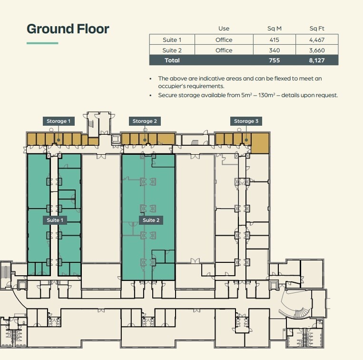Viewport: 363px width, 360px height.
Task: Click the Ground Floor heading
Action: point(68,29)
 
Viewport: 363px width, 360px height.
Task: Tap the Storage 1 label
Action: point(59,121)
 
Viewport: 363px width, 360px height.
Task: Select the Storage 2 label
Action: point(145,121)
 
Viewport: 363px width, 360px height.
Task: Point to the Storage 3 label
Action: point(246,121)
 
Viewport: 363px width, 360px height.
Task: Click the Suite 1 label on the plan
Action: point(54,220)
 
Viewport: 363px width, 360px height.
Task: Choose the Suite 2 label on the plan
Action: point(149,220)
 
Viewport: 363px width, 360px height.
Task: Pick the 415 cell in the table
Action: point(274,40)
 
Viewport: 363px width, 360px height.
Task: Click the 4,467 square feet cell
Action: point(317,40)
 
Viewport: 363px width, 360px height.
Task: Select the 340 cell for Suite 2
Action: point(274,50)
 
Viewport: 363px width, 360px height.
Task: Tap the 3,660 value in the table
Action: point(317,50)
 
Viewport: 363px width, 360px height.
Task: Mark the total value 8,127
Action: point(317,60)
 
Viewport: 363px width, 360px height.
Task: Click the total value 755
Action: point(274,60)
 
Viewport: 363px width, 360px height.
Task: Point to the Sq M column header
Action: point(274,29)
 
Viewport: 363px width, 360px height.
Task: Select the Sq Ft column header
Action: point(317,29)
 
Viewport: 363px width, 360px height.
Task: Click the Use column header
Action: point(224,29)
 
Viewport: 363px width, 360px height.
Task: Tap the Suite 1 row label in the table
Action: point(172,40)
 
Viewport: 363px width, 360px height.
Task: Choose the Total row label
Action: point(172,60)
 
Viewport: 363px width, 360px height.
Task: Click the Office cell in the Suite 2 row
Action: point(224,50)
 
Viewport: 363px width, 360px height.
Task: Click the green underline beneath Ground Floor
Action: point(42,43)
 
